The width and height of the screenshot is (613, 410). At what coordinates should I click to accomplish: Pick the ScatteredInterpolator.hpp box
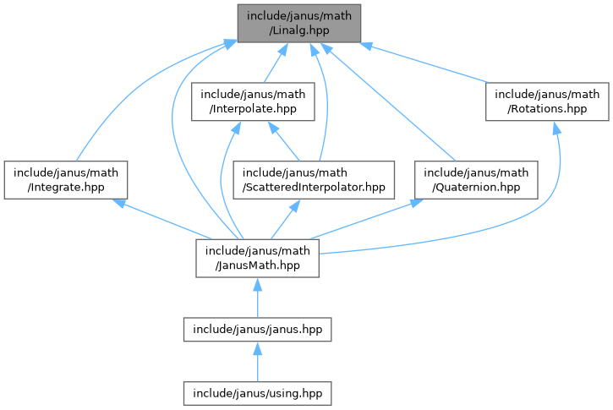(x=314, y=178)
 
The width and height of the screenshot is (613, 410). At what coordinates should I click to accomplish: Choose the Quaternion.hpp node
(x=476, y=178)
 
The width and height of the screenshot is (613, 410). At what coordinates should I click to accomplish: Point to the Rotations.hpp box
(x=547, y=101)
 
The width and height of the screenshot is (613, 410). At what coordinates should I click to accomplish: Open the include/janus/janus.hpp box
(x=258, y=327)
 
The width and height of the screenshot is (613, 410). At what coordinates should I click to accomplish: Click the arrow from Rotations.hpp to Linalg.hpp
(x=431, y=64)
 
